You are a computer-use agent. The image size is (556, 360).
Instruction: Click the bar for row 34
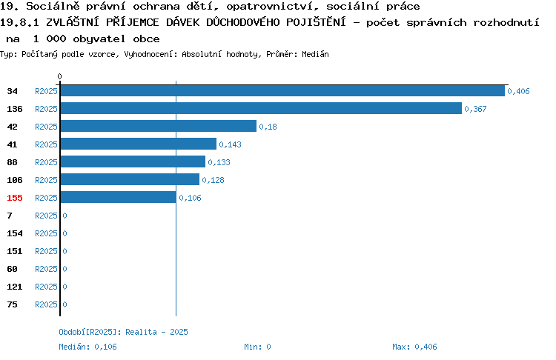point(282,90)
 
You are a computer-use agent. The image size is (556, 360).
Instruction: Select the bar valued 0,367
point(262,108)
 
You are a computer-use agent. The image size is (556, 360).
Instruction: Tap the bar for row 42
point(159,126)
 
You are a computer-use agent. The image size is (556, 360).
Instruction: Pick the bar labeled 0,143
point(139,144)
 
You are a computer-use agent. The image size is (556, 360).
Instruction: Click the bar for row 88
point(133,161)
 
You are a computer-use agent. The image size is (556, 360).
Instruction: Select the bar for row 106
point(130,179)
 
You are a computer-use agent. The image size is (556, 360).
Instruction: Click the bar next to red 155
point(119,197)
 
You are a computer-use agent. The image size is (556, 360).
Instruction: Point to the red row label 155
point(15,198)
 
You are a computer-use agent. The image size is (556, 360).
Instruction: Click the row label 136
point(15,109)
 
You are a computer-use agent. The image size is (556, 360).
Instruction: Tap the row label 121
point(15,287)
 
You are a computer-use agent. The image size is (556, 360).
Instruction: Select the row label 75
point(12,304)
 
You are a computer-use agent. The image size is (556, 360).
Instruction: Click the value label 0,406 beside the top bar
point(518,91)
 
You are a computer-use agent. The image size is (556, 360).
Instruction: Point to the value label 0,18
point(268,127)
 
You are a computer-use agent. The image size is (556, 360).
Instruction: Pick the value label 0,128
point(213,180)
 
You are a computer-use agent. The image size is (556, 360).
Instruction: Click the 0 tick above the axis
point(59,76)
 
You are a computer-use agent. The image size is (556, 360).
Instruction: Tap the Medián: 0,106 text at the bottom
point(87,347)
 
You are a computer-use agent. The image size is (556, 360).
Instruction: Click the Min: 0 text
point(257,347)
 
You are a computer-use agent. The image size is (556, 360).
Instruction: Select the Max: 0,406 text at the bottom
point(414,347)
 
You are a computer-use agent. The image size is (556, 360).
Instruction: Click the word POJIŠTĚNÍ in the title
point(316,22)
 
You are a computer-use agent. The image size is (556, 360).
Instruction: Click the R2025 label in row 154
point(46,233)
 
